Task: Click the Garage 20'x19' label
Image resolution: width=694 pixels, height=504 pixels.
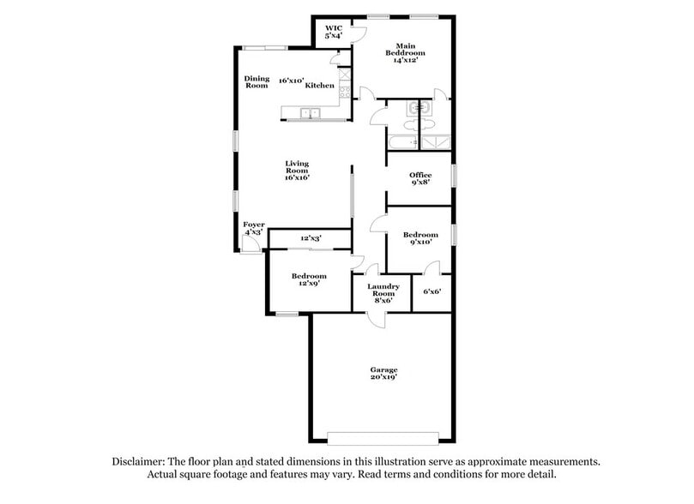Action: click(383, 373)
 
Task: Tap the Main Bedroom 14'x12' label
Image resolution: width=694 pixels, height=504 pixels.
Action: click(405, 52)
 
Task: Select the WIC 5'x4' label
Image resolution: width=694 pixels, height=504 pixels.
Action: click(334, 33)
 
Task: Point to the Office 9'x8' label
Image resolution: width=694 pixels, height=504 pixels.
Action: click(419, 178)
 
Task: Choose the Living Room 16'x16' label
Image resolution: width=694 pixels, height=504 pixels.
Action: click(297, 171)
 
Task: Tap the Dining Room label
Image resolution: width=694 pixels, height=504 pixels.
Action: click(257, 81)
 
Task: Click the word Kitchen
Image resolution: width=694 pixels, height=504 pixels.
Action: click(319, 86)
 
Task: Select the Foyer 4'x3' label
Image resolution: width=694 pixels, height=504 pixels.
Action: click(254, 228)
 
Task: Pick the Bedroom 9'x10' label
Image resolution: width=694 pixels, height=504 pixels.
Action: click(420, 238)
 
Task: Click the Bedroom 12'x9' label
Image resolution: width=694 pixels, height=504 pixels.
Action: click(309, 279)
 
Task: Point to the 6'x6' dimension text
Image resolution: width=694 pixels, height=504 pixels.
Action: click(431, 291)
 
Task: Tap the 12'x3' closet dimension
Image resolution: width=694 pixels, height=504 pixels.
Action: click(311, 238)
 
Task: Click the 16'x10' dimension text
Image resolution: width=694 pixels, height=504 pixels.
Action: click(291, 81)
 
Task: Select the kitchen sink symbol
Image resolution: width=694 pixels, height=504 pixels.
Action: click(310, 112)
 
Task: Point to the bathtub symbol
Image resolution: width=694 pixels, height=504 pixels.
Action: click(401, 141)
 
